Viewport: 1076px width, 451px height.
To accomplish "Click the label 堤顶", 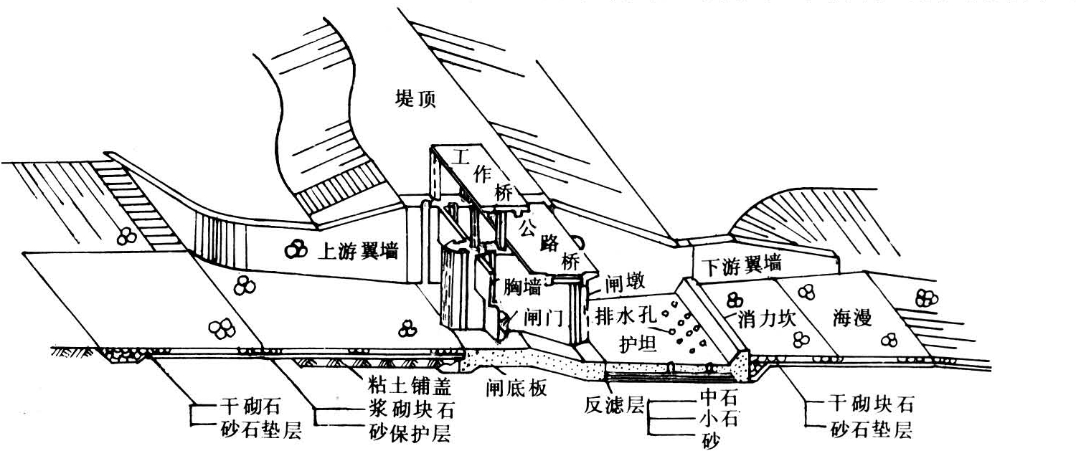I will click(414, 98).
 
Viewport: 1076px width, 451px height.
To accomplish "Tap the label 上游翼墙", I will click(357, 251).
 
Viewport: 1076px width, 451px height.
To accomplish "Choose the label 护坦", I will click(637, 345).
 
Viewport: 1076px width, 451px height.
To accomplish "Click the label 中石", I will click(717, 395).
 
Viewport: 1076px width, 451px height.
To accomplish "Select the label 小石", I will click(717, 416).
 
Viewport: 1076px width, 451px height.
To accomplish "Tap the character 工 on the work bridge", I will click(453, 160).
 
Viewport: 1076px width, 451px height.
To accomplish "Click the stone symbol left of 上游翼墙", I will click(293, 250).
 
